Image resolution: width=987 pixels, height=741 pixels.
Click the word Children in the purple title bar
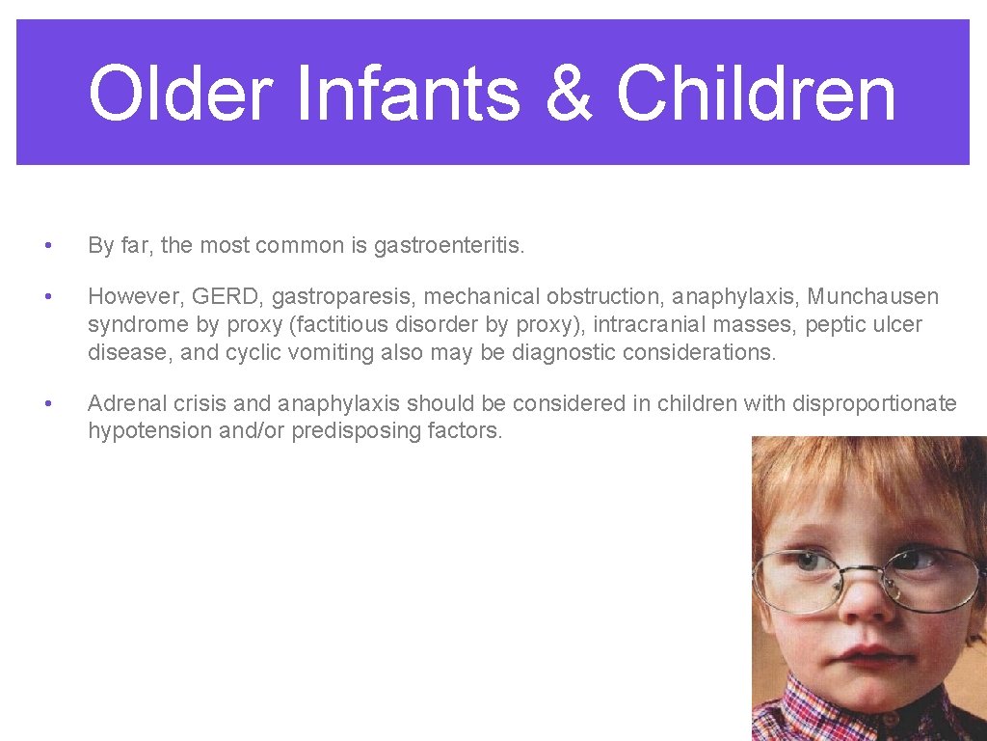coord(756,94)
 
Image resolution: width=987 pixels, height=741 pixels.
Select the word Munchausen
coord(872,296)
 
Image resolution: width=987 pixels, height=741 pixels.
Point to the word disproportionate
coord(874,403)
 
